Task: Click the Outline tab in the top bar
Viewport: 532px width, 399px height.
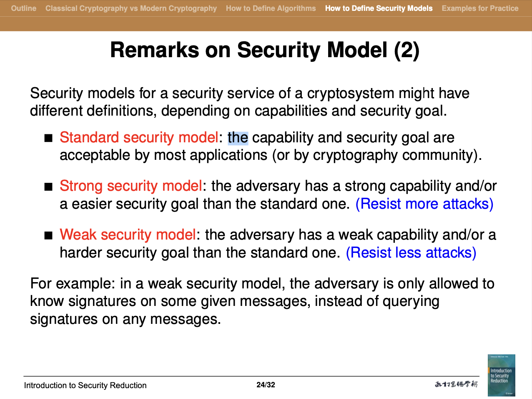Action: tap(24, 8)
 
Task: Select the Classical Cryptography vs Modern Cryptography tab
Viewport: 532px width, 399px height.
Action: tap(131, 8)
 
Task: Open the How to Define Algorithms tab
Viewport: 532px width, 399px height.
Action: tap(271, 8)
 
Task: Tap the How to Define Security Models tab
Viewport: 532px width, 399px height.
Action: tap(379, 8)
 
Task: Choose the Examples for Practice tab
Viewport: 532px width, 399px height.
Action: tap(480, 8)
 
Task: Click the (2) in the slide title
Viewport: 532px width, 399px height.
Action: tap(407, 50)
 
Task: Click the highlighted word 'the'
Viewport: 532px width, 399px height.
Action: tap(238, 138)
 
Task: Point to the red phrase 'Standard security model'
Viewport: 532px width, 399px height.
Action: tap(139, 138)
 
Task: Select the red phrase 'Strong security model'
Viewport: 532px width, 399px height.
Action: tap(131, 186)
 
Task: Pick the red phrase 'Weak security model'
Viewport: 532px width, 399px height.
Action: tap(128, 235)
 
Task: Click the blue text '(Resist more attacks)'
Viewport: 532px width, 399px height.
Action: tap(424, 204)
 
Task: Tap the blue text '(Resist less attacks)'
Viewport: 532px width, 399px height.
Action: tap(411, 253)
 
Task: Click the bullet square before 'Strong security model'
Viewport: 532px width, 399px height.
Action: tap(48, 187)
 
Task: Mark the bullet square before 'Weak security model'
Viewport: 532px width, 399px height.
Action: tap(48, 235)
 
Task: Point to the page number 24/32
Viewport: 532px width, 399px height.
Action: tap(266, 385)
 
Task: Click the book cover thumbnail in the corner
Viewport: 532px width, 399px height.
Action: tap(502, 375)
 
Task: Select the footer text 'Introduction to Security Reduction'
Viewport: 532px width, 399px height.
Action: tap(85, 385)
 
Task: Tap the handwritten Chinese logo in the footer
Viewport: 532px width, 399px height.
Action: tap(456, 384)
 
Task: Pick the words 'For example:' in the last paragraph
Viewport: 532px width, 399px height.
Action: tap(73, 283)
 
